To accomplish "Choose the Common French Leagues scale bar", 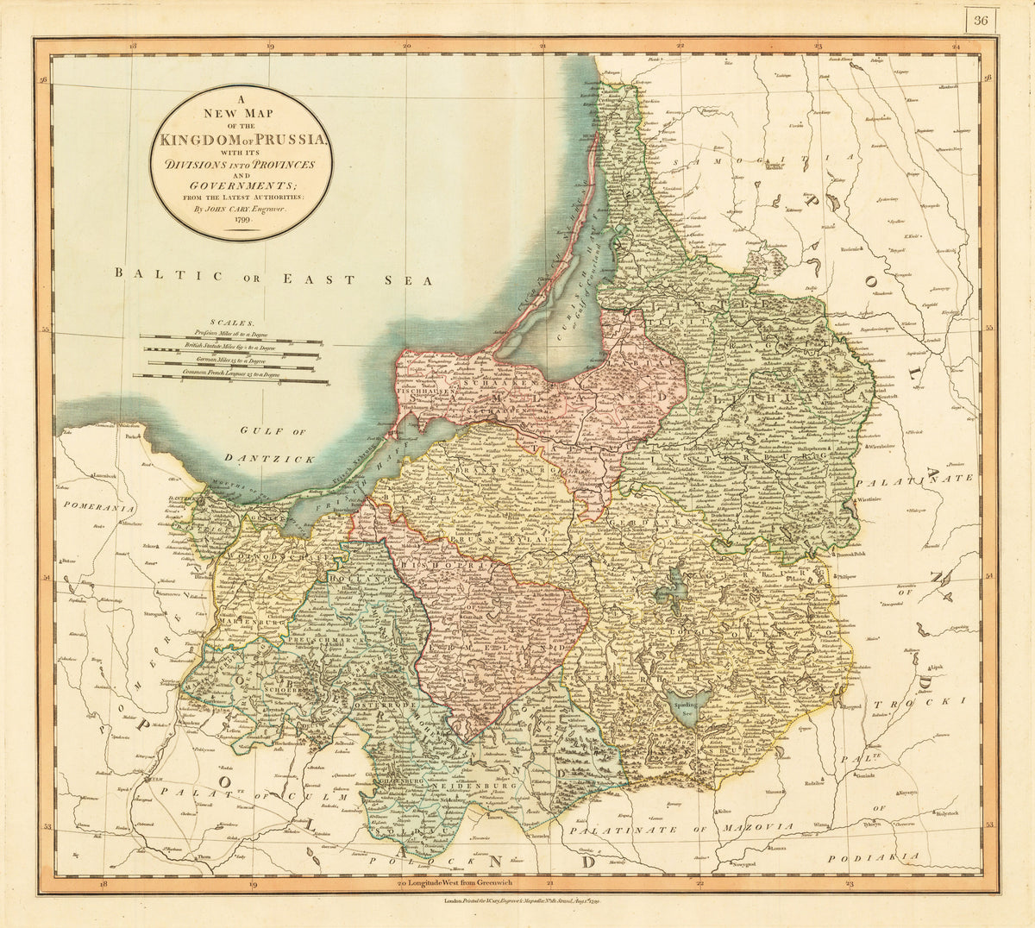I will coord(231,378).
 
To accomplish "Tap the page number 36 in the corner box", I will coord(980,21).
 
